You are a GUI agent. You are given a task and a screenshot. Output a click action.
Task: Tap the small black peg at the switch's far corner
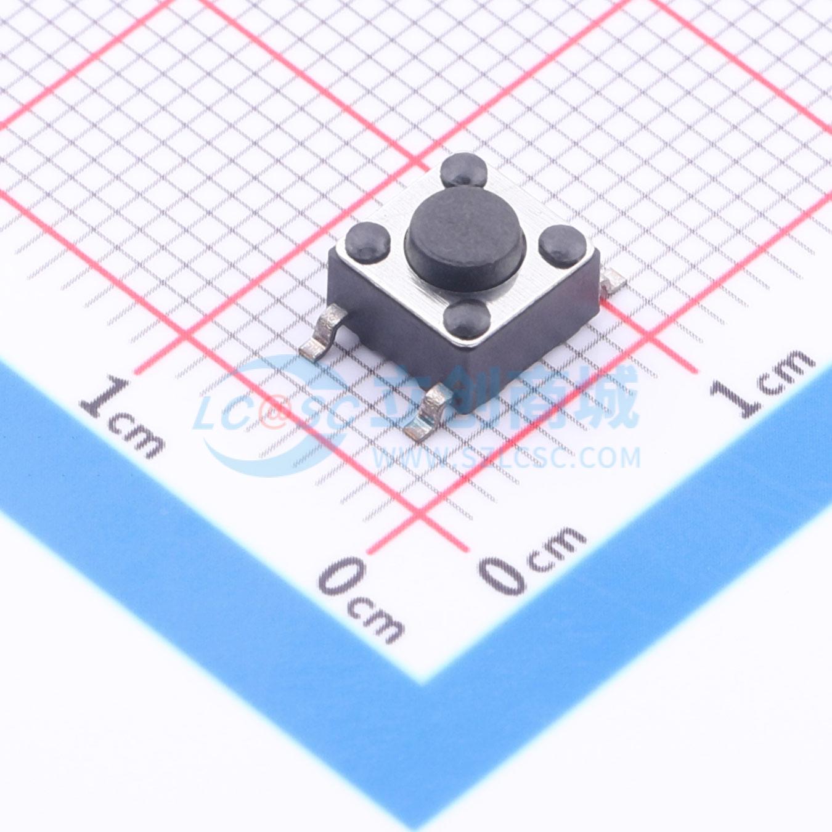pyautogui.click(x=463, y=169)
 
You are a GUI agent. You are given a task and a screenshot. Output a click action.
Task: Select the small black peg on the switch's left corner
pyautogui.click(x=367, y=242)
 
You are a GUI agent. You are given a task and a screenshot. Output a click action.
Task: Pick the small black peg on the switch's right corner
pyautogui.click(x=563, y=247)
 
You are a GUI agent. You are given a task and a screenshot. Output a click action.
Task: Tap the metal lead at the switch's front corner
pyautogui.click(x=428, y=413)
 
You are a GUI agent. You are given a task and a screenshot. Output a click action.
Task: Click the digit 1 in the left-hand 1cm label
pyautogui.click(x=104, y=397)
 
